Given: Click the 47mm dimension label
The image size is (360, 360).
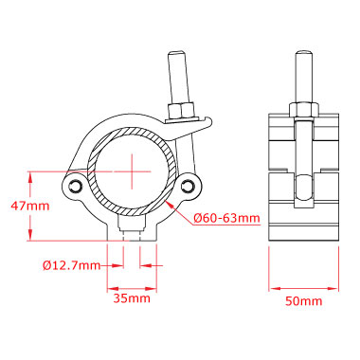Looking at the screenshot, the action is click(x=30, y=207).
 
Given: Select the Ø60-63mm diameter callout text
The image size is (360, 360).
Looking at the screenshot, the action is click(x=226, y=218).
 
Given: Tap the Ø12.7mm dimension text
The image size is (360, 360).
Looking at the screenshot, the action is click(x=72, y=265).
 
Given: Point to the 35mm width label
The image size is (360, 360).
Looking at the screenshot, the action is click(x=132, y=298).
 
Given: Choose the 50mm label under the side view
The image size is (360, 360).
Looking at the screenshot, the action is click(x=304, y=301).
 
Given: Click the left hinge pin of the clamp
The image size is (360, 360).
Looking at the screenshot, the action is click(x=76, y=186).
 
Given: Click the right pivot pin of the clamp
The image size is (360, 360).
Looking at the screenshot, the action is click(x=189, y=186).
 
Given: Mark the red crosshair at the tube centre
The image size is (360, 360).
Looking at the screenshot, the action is click(x=132, y=171).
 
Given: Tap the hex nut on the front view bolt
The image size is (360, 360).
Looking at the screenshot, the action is click(x=181, y=110).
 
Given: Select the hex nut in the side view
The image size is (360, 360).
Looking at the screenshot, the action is click(x=303, y=110).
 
